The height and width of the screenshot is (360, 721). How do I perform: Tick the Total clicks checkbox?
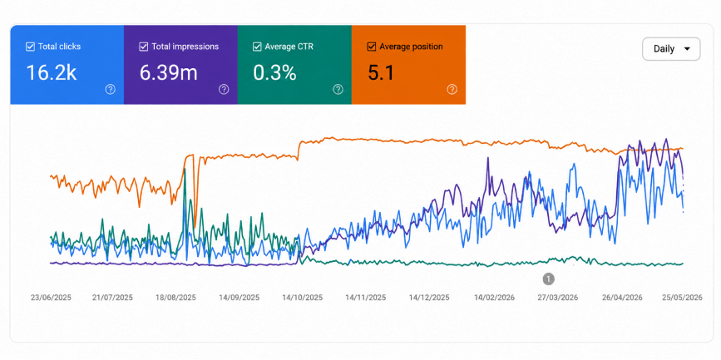click(x=30, y=47)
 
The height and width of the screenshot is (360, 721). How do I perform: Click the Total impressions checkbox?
click(x=144, y=47)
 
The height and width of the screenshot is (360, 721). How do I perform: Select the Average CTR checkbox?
click(x=257, y=47)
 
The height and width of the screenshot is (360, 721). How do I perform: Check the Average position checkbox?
click(x=371, y=47)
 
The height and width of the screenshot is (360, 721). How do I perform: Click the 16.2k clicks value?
click(x=51, y=72)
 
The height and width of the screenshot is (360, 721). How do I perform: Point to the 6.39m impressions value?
click(x=168, y=72)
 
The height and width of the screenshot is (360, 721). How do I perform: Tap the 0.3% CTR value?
click(x=274, y=72)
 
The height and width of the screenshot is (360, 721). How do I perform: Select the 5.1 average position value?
click(x=381, y=72)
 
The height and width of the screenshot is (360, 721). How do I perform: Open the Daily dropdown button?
click(x=671, y=49)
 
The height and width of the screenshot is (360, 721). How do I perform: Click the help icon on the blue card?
click(x=111, y=89)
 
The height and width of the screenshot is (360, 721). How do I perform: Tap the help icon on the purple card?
click(x=224, y=89)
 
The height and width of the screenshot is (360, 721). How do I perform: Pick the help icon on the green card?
click(x=338, y=89)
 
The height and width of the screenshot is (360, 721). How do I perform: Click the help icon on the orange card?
click(x=452, y=89)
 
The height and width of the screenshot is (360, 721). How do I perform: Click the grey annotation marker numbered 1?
click(x=548, y=279)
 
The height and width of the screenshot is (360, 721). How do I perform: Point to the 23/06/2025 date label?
click(x=51, y=298)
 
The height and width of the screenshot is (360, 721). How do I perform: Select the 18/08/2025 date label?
click(x=175, y=298)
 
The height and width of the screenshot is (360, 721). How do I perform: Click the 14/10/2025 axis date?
click(x=303, y=298)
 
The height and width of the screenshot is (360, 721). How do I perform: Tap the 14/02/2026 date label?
click(x=494, y=298)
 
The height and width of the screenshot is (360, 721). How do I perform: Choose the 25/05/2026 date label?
click(x=683, y=298)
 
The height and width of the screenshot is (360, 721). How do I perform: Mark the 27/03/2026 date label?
click(x=558, y=298)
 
